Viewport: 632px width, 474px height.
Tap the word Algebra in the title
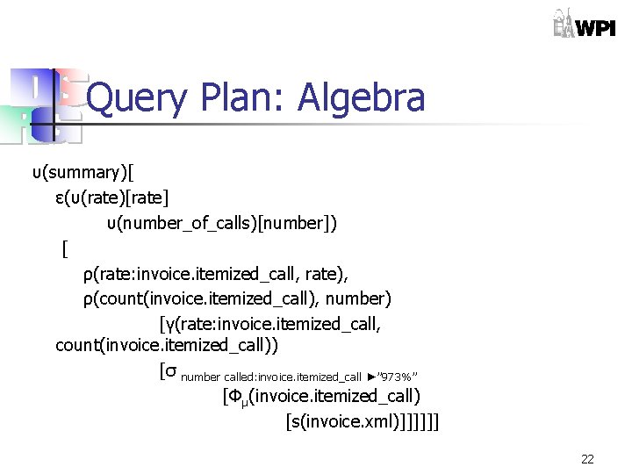[362, 98]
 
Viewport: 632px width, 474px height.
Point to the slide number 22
[587, 459]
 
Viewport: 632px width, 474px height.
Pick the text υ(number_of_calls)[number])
[221, 223]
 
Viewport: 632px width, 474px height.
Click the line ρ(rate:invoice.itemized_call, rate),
[221, 275]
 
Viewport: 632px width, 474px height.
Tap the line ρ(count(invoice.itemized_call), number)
[237, 299]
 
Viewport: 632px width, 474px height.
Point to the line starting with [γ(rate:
[270, 325]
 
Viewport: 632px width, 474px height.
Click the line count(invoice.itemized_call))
[167, 346]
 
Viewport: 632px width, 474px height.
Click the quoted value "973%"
[405, 377]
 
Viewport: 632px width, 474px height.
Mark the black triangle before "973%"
[372, 377]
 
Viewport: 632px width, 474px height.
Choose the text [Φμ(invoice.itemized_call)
[322, 396]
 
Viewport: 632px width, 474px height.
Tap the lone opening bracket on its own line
[65, 248]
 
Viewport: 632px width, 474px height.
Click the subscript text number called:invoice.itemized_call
[271, 377]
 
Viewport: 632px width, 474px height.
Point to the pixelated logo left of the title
[44, 105]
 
